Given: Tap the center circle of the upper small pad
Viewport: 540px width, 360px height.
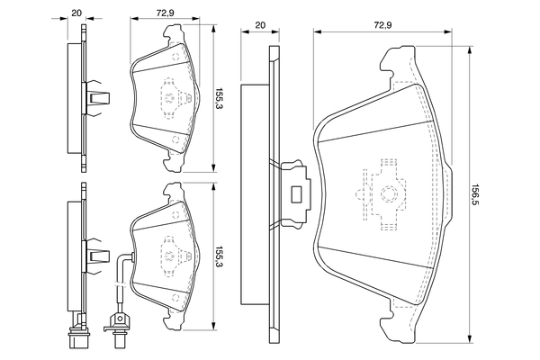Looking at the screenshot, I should (168, 96).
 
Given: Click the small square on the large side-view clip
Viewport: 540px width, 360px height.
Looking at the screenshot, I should (296, 191).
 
